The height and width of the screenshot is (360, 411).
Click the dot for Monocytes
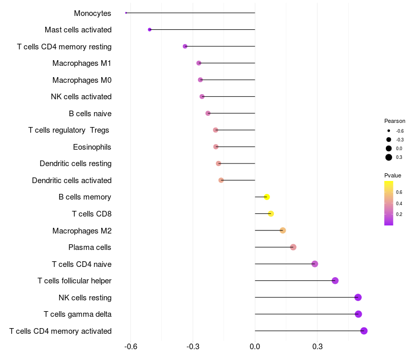[x=126, y=13]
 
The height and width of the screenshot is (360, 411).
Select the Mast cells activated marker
[x=150, y=30]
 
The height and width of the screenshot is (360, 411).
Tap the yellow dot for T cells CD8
[x=271, y=214]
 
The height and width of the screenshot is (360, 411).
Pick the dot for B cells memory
[x=267, y=197]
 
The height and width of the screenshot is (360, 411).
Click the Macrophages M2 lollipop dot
[x=283, y=230]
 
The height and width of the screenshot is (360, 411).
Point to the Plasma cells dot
[x=293, y=247]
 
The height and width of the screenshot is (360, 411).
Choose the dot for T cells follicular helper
[x=335, y=281]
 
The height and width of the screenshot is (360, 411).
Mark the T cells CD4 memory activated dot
[x=364, y=331]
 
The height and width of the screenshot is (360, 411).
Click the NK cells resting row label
[x=85, y=297]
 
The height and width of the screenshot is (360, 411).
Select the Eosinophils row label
[x=92, y=147]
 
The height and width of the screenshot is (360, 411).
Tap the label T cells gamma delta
[x=78, y=314]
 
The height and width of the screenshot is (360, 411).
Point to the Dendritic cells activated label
[x=71, y=181]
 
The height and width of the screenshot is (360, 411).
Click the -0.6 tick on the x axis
[x=130, y=347]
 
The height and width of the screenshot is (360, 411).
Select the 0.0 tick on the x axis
[x=255, y=347]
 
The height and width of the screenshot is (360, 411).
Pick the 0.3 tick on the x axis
[x=317, y=347]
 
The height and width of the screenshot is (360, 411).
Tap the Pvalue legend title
[x=393, y=175]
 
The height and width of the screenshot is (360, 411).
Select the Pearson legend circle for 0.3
[x=389, y=157]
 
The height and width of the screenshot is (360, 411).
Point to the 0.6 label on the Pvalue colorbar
[x=399, y=192]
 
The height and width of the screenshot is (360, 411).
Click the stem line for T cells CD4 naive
[x=285, y=264]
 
